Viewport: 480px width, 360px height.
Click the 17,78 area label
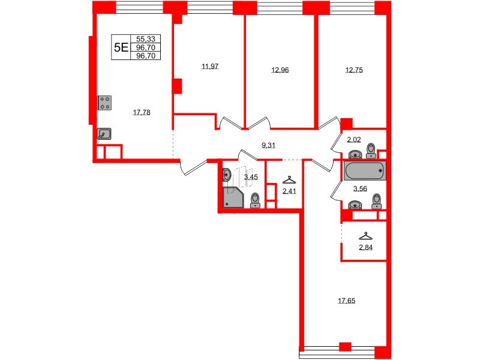tap(142, 112)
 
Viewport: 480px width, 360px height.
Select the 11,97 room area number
tap(210, 66)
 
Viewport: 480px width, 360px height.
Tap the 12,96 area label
tap(280, 70)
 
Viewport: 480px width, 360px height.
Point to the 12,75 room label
tap(354, 70)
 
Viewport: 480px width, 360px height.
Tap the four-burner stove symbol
tap(104, 103)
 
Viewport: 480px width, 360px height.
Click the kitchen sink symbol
tap(105, 134)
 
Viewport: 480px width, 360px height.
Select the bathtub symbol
tap(365, 172)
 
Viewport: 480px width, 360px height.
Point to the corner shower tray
tap(232, 198)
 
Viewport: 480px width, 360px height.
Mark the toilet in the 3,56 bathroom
tap(376, 200)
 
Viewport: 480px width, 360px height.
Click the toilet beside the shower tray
tap(255, 199)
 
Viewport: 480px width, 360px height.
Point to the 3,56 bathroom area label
tap(360, 188)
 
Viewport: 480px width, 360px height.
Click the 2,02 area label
tap(355, 140)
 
